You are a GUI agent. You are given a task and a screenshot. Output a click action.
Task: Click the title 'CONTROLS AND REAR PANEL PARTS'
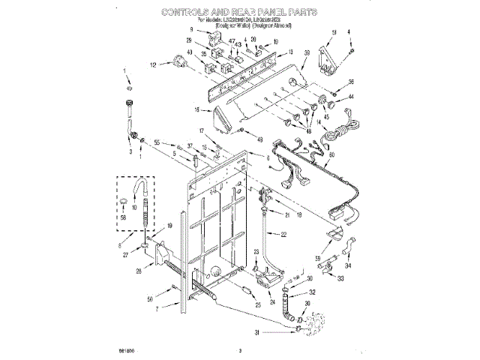(x=239, y=13)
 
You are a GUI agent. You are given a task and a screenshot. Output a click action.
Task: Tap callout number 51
(x=334, y=32)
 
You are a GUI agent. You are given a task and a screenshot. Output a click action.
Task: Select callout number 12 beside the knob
(x=154, y=66)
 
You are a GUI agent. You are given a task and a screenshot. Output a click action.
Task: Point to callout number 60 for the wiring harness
(x=331, y=155)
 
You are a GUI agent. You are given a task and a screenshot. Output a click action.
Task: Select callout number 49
(x=260, y=140)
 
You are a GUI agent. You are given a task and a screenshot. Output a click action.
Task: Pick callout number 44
(x=350, y=97)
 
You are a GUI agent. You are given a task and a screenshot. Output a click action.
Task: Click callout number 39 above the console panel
(x=307, y=53)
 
